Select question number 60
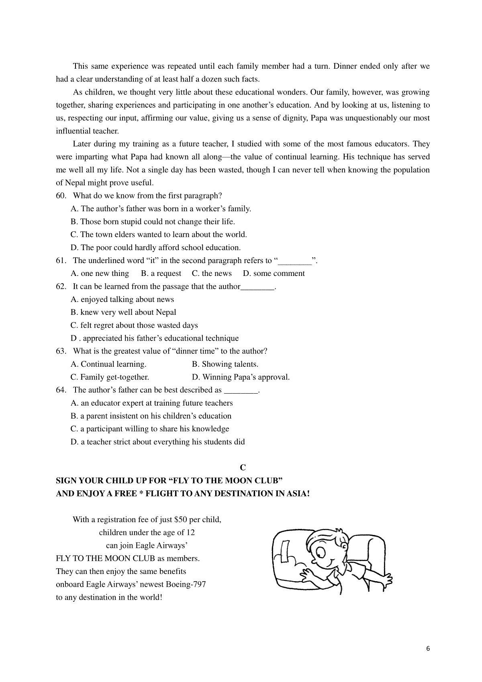pos(61,196)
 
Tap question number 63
pos(61,351)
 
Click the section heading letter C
pos(243,468)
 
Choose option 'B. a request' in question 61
pos(161,274)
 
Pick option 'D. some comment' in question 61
pos(274,274)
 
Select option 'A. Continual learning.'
pos(108,364)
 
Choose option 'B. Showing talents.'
pos(225,364)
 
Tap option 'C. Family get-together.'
pos(110,377)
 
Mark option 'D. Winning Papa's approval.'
pos(241,377)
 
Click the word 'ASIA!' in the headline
pos(298,494)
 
